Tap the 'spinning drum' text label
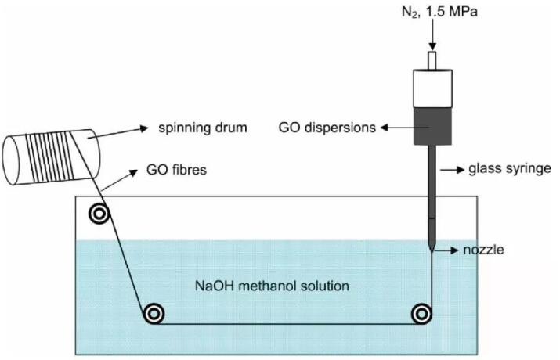[193, 128]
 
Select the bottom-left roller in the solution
[154, 314]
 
